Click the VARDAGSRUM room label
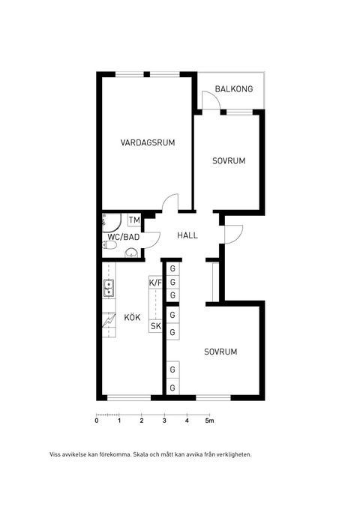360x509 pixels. pos(148,143)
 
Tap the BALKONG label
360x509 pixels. pos(233,89)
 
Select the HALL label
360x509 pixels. pos(187,235)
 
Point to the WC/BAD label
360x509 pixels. pos(124,238)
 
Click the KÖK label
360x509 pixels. pos(132,317)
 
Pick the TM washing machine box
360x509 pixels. pos(134,220)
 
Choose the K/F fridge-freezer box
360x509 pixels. pos(156,283)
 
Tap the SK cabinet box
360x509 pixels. pos(156,326)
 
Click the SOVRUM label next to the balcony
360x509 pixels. pos(228,161)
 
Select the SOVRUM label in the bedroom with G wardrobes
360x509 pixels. pos(220,352)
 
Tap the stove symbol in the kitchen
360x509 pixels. pos(109,320)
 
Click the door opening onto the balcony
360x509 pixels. pos(211,103)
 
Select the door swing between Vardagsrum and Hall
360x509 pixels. pos(170,203)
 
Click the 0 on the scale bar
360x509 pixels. pos(96,421)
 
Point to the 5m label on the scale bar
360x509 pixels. pos(210,421)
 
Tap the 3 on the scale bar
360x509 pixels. pos(164,421)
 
